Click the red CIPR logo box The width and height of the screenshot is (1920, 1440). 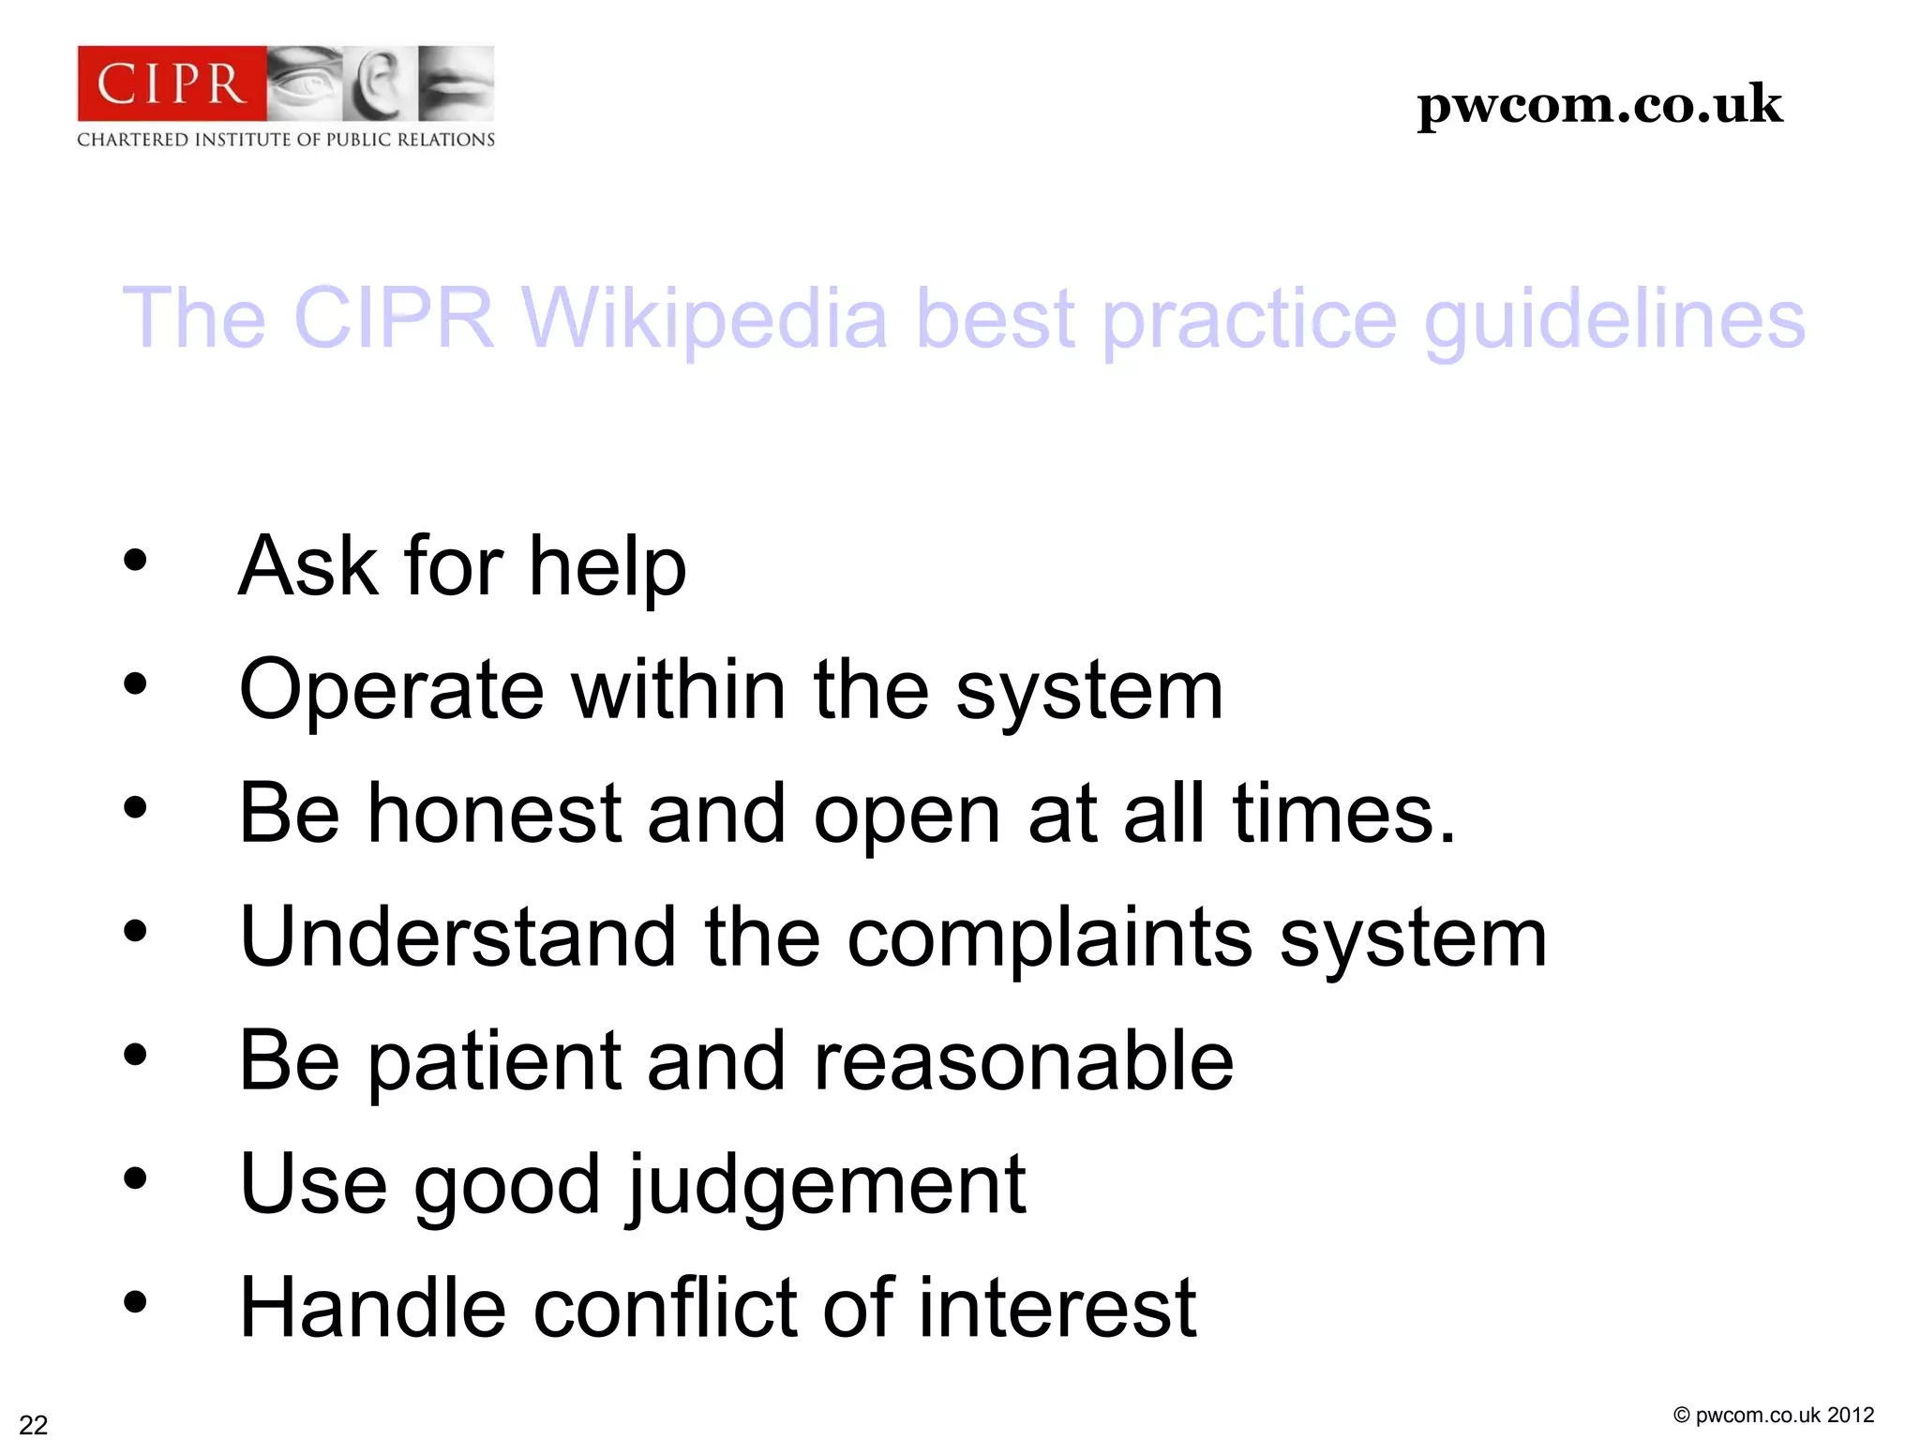pyautogui.click(x=172, y=83)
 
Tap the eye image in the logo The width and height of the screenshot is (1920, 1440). pyautogui.click(x=305, y=83)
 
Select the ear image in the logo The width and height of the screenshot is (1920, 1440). pyautogui.click(x=379, y=83)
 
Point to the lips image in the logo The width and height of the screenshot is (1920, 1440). pyautogui.click(x=456, y=83)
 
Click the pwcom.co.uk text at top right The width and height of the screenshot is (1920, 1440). pyautogui.click(x=1599, y=104)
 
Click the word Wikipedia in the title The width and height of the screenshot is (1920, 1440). pyautogui.click(x=704, y=319)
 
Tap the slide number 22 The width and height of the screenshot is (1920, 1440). pyautogui.click(x=34, y=1424)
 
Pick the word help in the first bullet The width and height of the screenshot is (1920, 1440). pyautogui.click(x=607, y=566)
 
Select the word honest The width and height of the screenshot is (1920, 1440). pyautogui.click(x=494, y=813)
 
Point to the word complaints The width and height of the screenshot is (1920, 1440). pyautogui.click(x=1049, y=937)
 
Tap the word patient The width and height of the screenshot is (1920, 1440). pyautogui.click(x=494, y=1061)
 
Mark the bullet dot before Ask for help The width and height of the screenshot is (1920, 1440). pyautogui.click(x=135, y=561)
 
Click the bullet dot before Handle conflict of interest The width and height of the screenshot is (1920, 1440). pyautogui.click(x=135, y=1302)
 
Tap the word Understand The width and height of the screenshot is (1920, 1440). pyautogui.click(x=457, y=937)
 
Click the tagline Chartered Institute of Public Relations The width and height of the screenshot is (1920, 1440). pyautogui.click(x=286, y=140)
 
